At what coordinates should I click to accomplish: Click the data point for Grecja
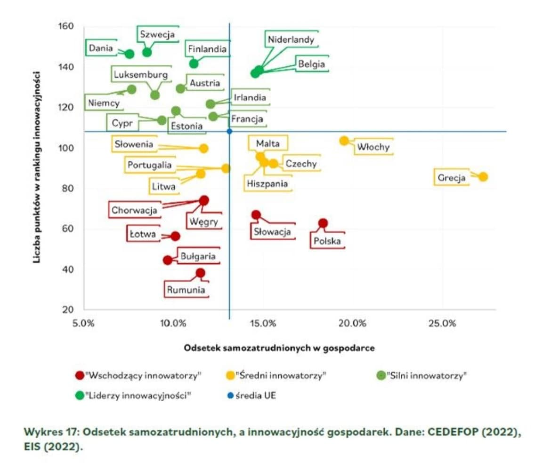[x=483, y=177]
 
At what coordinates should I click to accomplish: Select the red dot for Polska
[x=323, y=223]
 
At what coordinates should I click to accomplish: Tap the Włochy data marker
[x=344, y=141]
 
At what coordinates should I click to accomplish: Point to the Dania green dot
[x=130, y=54]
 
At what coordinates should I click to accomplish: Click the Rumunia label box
[x=186, y=290]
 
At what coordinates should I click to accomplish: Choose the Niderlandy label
[x=291, y=39]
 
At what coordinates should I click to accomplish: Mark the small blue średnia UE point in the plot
[x=229, y=131]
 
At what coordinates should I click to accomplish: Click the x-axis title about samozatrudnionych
[x=279, y=348]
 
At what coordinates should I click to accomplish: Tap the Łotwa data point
[x=175, y=236]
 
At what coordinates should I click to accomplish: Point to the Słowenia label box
[x=134, y=144]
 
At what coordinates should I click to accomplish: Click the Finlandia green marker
[x=194, y=63]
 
